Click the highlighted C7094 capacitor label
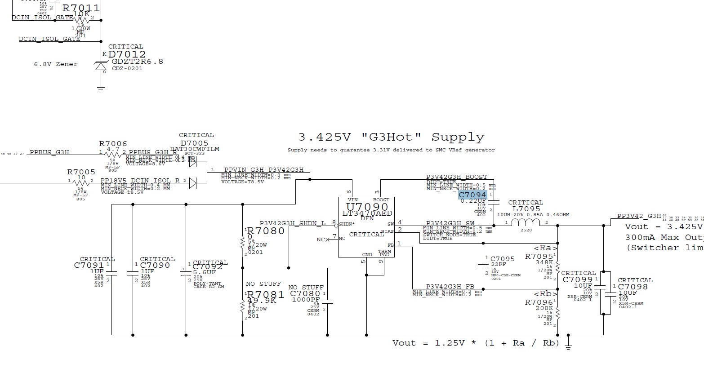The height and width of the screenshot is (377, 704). pos(472,195)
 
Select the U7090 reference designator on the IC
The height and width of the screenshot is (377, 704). pos(366,207)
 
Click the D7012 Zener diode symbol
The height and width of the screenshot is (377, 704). pos(101,66)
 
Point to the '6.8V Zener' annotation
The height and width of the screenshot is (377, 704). pos(56,64)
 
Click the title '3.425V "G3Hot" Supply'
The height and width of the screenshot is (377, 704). pos(391,137)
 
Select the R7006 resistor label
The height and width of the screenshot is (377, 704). pos(113,144)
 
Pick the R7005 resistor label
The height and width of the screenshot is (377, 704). pos(81,172)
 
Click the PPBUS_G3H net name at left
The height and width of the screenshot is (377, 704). pos(49,152)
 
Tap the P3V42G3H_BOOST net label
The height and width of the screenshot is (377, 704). pos(456,177)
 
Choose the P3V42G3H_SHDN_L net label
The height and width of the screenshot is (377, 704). pos(292,223)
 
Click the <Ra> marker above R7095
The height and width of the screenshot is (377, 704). pos(545,248)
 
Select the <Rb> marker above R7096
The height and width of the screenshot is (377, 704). pos(545,294)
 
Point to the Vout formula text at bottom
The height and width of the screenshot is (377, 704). pos(476,343)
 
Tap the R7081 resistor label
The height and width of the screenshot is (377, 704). pos(265,295)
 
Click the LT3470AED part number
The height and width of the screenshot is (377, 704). pos(367,213)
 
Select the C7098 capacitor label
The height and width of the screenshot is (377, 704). pos(633,287)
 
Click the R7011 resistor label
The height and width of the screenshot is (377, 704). pos(81,8)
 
